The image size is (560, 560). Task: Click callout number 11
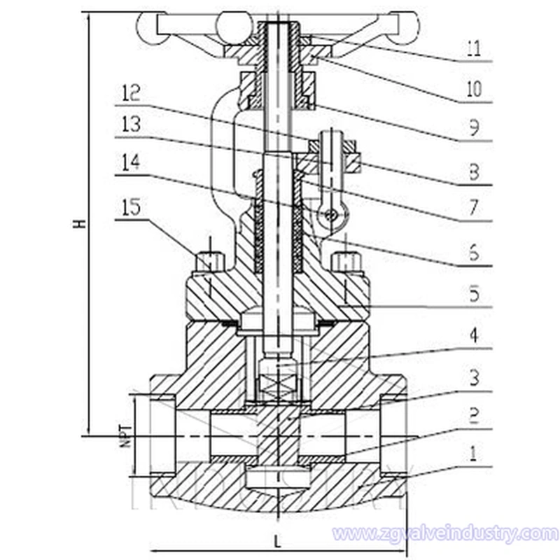click(474, 50)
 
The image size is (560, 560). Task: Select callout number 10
click(474, 89)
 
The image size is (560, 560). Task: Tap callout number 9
click(474, 128)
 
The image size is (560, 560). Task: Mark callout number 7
click(474, 208)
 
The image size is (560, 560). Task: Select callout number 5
click(474, 295)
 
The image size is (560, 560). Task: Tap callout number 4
click(474, 336)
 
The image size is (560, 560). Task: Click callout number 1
click(474, 456)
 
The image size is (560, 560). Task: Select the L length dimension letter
click(278, 541)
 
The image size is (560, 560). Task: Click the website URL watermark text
click(445, 533)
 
